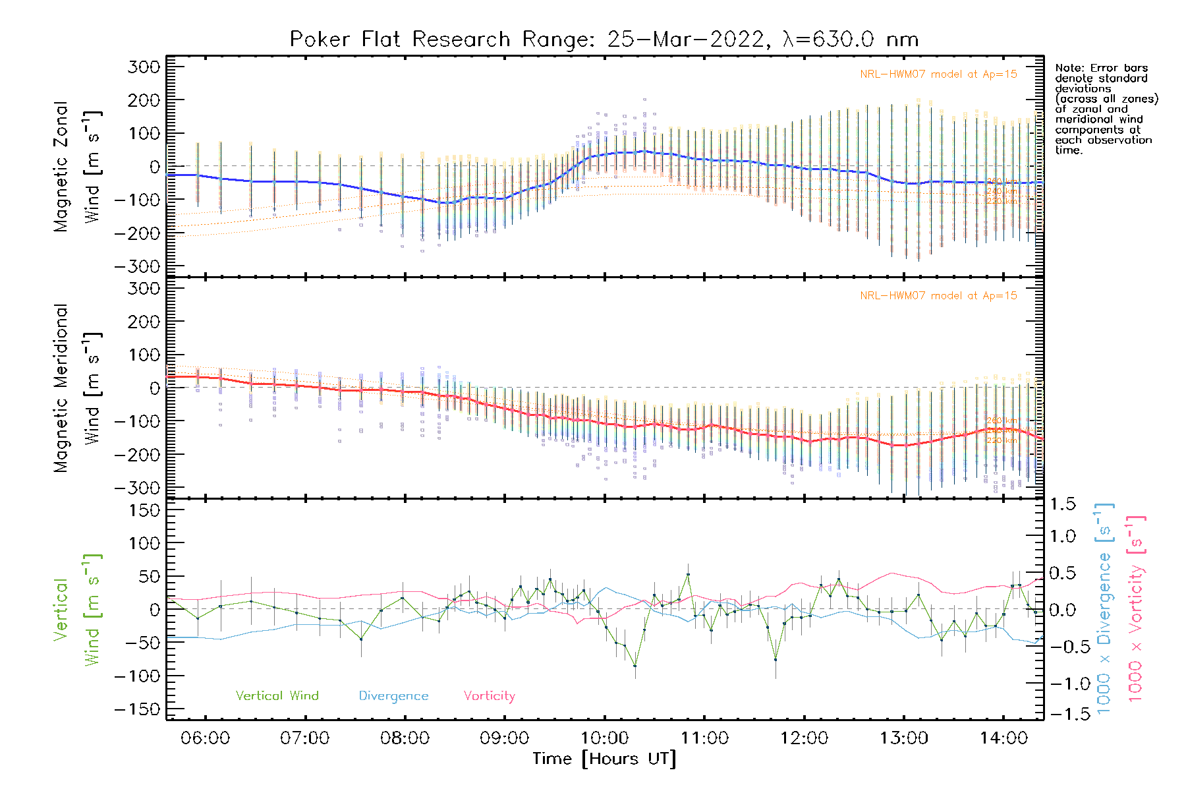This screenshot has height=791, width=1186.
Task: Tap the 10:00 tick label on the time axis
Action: pyautogui.click(x=604, y=738)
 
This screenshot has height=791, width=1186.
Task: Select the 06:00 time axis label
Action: pyautogui.click(x=205, y=738)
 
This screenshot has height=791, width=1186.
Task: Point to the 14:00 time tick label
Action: pyautogui.click(x=1003, y=738)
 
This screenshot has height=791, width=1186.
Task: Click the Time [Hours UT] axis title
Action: pyautogui.click(x=604, y=759)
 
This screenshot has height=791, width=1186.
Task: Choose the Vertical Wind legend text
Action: pyautogui.click(x=277, y=695)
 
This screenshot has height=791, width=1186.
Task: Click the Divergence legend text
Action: pyautogui.click(x=393, y=695)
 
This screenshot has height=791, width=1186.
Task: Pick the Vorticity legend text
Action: pyautogui.click(x=489, y=695)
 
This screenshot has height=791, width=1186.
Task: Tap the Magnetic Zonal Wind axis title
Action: pyautogui.click(x=78, y=166)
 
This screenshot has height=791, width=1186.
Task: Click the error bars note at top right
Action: pyautogui.click(x=1106, y=109)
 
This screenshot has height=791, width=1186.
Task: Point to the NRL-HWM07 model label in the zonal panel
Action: pyautogui.click(x=938, y=74)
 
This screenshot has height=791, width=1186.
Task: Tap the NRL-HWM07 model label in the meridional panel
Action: pyautogui.click(x=938, y=295)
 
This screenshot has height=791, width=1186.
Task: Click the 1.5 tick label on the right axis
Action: pyautogui.click(x=1062, y=504)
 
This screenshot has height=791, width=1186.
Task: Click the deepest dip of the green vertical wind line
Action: pyautogui.click(x=635, y=666)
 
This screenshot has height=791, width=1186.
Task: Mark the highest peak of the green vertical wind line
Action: pyautogui.click(x=688, y=574)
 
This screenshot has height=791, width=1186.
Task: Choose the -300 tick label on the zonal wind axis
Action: pyautogui.click(x=137, y=266)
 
